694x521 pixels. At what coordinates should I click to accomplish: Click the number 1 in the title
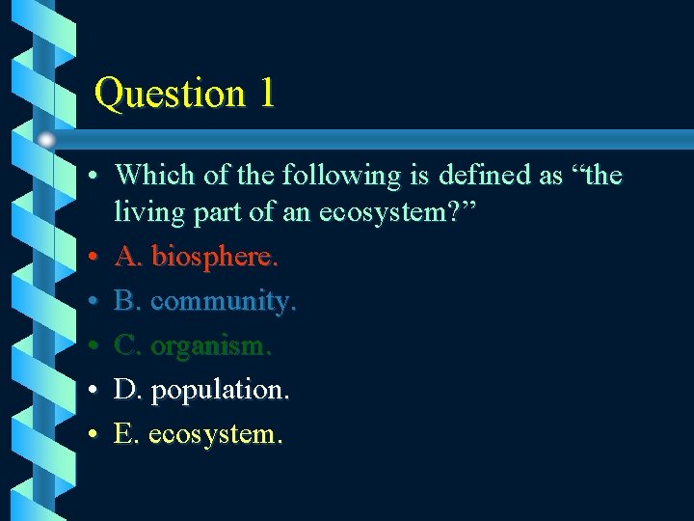pyautogui.click(x=265, y=94)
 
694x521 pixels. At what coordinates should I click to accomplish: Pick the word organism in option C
pyautogui.click(x=210, y=345)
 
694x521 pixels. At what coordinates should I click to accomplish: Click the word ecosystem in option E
pyautogui.click(x=215, y=434)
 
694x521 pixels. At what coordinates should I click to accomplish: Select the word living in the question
pyautogui.click(x=145, y=212)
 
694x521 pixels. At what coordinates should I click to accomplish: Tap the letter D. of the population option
pyautogui.click(x=127, y=390)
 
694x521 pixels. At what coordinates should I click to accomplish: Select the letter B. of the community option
pyautogui.click(x=127, y=301)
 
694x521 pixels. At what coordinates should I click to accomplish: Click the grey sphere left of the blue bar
pyautogui.click(x=46, y=139)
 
